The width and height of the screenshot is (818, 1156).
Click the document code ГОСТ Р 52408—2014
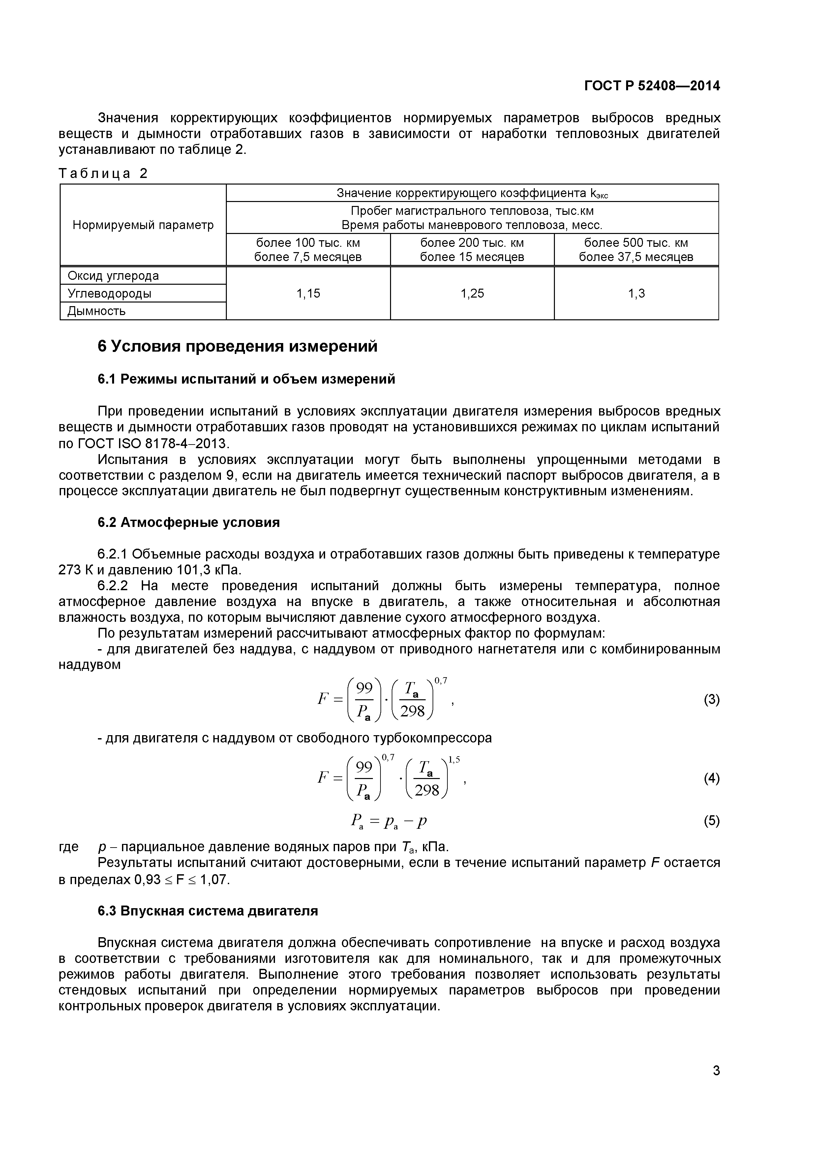652,86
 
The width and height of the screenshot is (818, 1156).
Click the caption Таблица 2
103,174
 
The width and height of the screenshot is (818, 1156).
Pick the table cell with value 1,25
472,294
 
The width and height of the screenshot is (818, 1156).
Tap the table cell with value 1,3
636,294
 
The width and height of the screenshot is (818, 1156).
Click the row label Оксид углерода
113,276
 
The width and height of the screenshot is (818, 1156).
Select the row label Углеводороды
109,294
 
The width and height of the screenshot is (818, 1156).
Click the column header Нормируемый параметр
143,225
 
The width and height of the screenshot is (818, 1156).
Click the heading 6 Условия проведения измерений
237,347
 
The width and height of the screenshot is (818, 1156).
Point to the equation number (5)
711,822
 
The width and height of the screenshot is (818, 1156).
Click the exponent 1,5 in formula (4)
454,760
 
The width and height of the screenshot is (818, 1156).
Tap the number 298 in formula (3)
412,711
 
